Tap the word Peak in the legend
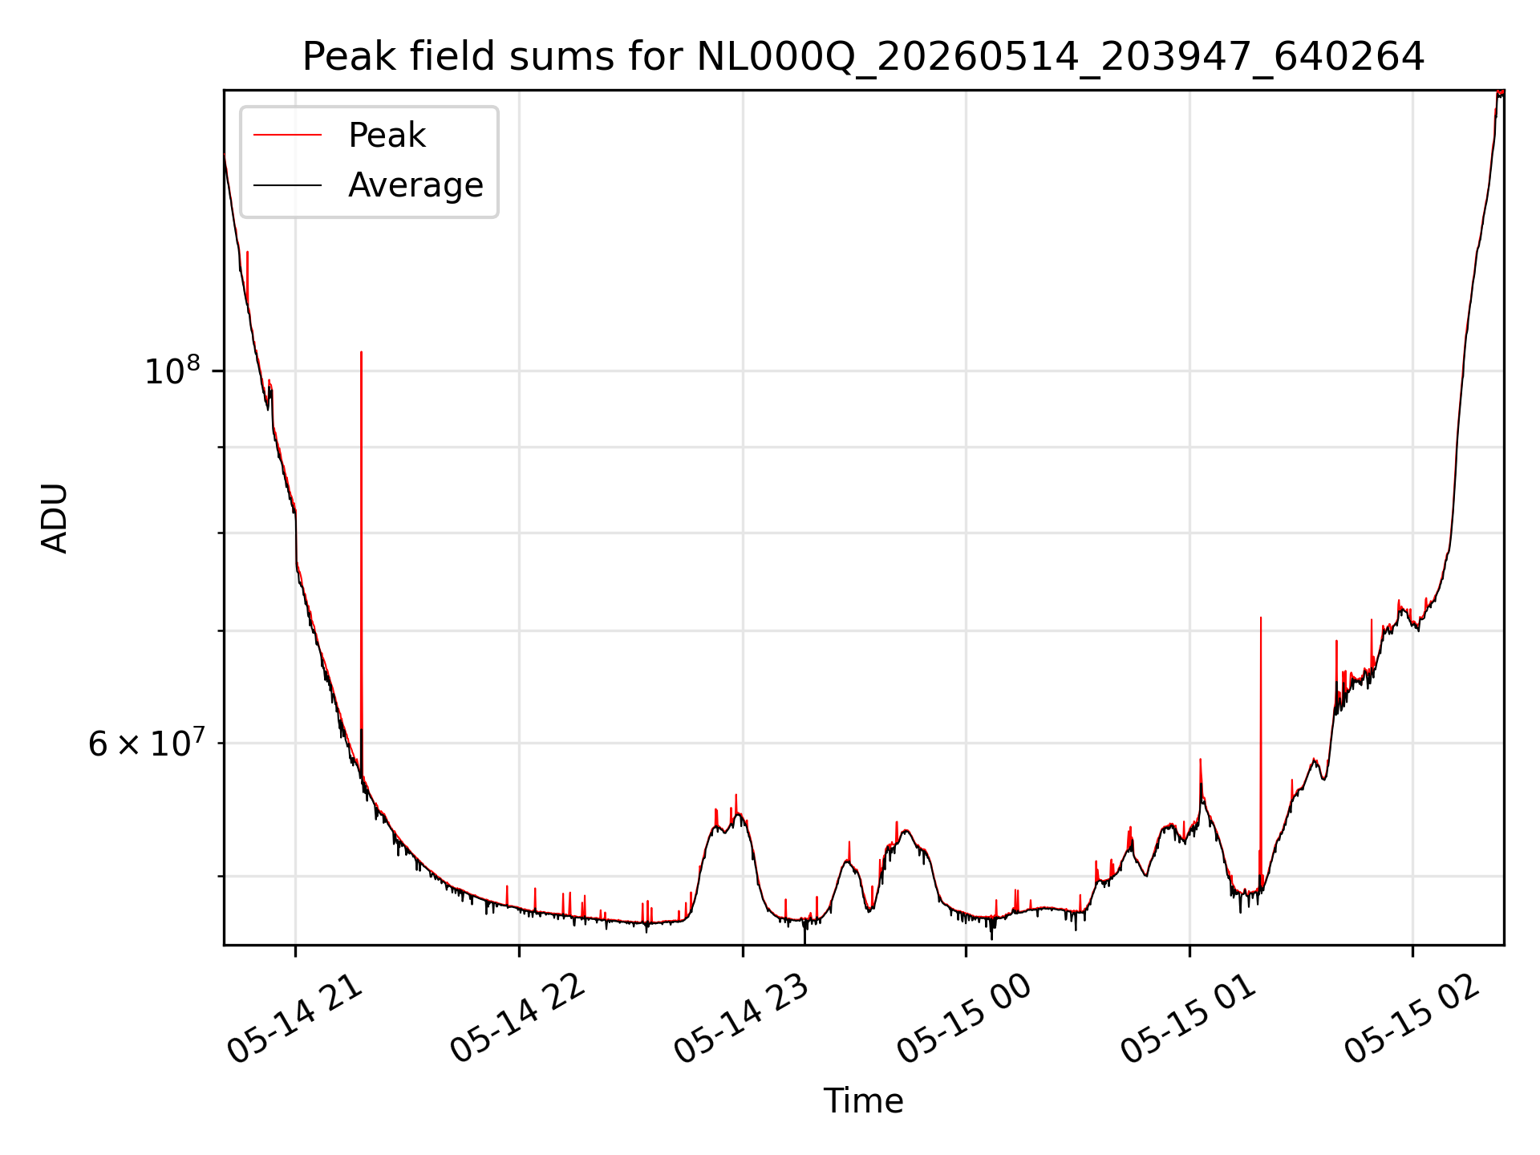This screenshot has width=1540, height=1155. coord(387,136)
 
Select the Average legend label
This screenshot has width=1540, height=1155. coord(415,185)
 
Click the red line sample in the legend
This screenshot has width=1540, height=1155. coord(287,135)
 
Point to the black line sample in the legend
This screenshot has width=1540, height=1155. coord(287,185)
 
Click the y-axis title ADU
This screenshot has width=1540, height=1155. coord(55,517)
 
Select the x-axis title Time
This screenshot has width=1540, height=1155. coord(863,1101)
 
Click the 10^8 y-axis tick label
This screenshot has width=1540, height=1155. coord(172,371)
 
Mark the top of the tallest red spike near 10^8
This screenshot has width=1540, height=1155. coord(361,351)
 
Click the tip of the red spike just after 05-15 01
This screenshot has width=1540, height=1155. coord(1261,617)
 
